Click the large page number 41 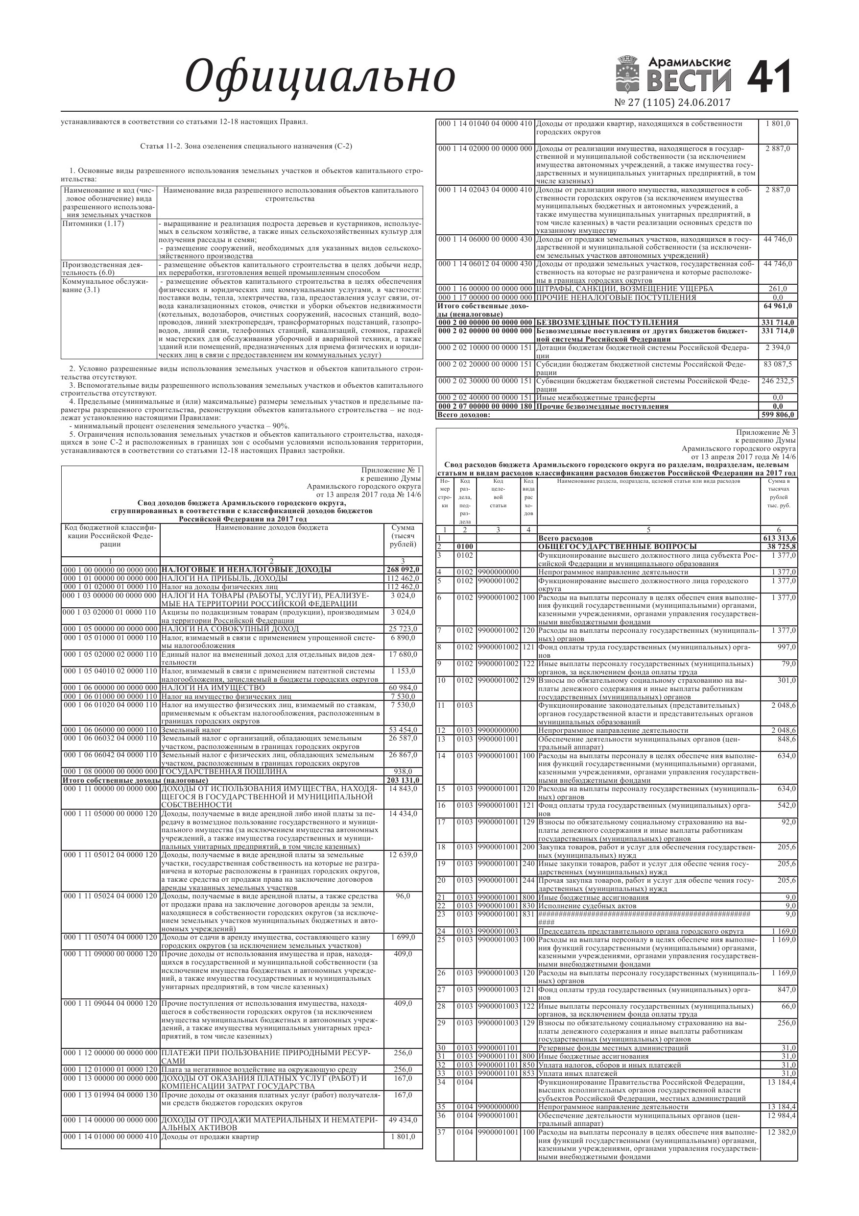coord(769,77)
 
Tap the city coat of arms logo coord(630,74)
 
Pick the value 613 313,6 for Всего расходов coord(779,538)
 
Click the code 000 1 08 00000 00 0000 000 coord(110,771)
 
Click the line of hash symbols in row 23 coord(644,914)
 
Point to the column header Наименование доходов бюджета coord(271,527)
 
